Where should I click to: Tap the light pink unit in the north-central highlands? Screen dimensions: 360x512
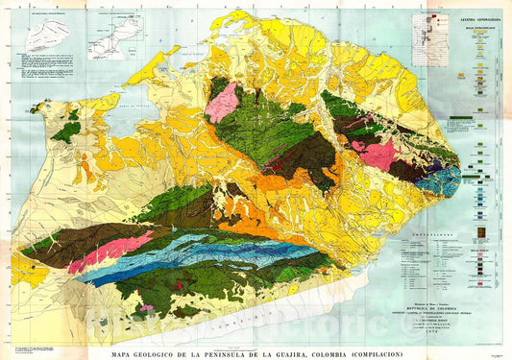coord(223,102)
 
